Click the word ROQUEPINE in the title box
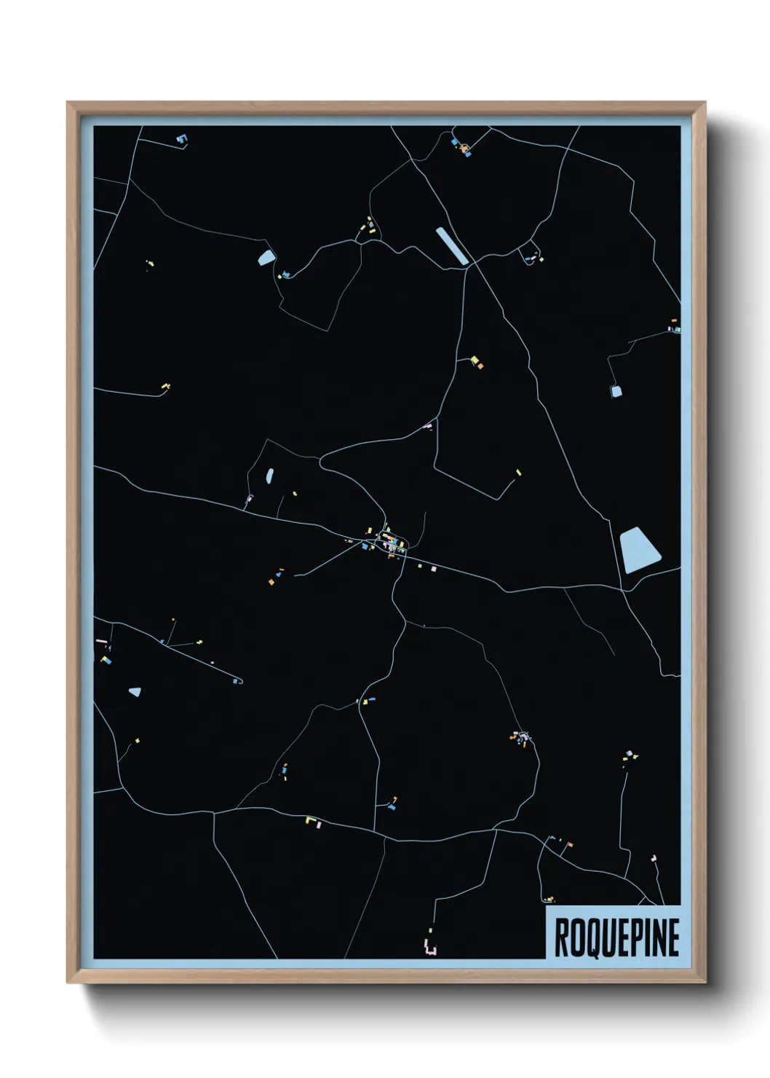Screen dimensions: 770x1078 (616, 937)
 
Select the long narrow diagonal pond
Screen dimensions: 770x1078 (453, 245)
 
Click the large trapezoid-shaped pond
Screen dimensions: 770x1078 (638, 550)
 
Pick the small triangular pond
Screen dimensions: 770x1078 (135, 691)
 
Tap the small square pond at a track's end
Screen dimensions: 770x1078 (616, 391)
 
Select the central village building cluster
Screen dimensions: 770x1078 (389, 542)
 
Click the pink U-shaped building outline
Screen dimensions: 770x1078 (430, 948)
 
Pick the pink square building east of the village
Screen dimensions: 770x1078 (433, 568)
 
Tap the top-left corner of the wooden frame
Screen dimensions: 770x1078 (68, 103)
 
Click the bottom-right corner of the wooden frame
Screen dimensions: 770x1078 (704, 983)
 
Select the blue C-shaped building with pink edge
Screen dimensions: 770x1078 (181, 137)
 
